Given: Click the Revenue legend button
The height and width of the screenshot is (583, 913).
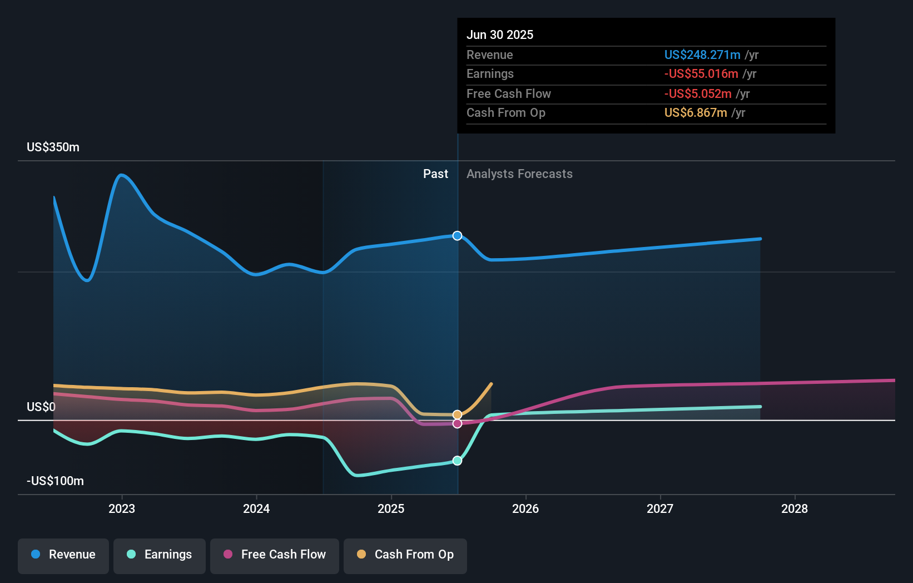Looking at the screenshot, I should [x=63, y=555].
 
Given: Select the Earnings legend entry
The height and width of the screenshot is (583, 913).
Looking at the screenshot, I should [x=160, y=555].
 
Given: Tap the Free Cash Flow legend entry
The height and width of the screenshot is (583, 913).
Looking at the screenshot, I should [x=275, y=555].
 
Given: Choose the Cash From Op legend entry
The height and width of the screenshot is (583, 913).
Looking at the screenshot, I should [x=405, y=555].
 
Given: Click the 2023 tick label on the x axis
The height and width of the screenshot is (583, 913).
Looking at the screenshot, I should [x=122, y=508].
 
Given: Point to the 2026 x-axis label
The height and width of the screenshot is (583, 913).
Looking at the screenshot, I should [x=525, y=508].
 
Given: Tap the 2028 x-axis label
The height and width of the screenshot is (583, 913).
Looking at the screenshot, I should [x=795, y=508].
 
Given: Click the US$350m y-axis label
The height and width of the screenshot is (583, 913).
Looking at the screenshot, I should [x=53, y=147].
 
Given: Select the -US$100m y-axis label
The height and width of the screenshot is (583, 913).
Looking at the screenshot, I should [x=56, y=481].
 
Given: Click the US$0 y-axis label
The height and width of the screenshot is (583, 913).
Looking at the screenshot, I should [x=41, y=407].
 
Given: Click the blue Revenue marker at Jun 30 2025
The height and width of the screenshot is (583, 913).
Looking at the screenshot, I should [x=457, y=236].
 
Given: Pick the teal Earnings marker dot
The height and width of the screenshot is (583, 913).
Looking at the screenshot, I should [x=457, y=461].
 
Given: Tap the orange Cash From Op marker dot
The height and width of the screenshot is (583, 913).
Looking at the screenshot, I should [x=457, y=414].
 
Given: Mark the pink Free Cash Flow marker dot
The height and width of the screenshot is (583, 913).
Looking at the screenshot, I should [x=457, y=424].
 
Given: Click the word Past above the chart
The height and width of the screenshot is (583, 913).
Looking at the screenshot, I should [x=435, y=174].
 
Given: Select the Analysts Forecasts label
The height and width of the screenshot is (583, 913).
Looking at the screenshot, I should [x=519, y=174].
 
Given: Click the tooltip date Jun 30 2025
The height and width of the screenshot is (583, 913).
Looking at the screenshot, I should [x=500, y=35].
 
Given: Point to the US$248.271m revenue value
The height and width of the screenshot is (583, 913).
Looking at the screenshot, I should [x=702, y=55].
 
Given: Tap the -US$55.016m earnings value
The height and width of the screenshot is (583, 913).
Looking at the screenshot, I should [x=701, y=74].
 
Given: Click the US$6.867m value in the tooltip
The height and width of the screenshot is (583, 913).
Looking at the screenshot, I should [x=696, y=113].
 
